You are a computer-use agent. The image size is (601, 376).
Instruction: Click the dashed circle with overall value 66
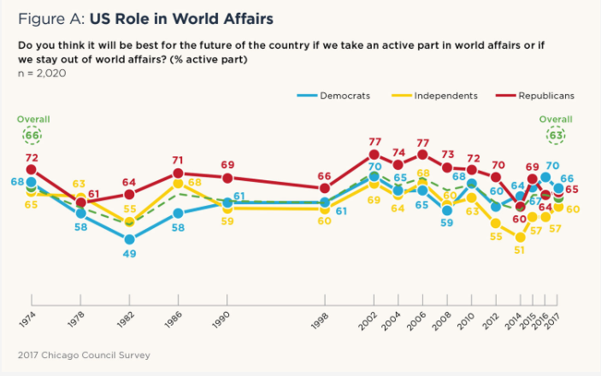click(32, 135)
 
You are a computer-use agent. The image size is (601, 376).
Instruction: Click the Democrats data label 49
click(128, 255)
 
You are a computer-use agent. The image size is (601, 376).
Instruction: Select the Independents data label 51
click(519, 250)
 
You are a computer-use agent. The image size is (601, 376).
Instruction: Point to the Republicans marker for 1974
click(32, 171)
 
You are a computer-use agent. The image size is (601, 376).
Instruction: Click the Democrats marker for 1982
click(129, 239)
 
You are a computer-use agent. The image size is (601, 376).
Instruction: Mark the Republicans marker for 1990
click(227, 178)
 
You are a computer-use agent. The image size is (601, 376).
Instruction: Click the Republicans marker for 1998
click(324, 188)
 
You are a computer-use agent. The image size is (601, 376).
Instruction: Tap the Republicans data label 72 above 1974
click(32, 157)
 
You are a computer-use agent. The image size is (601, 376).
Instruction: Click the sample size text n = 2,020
click(42, 73)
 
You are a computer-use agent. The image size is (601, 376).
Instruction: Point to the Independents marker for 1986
click(178, 183)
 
